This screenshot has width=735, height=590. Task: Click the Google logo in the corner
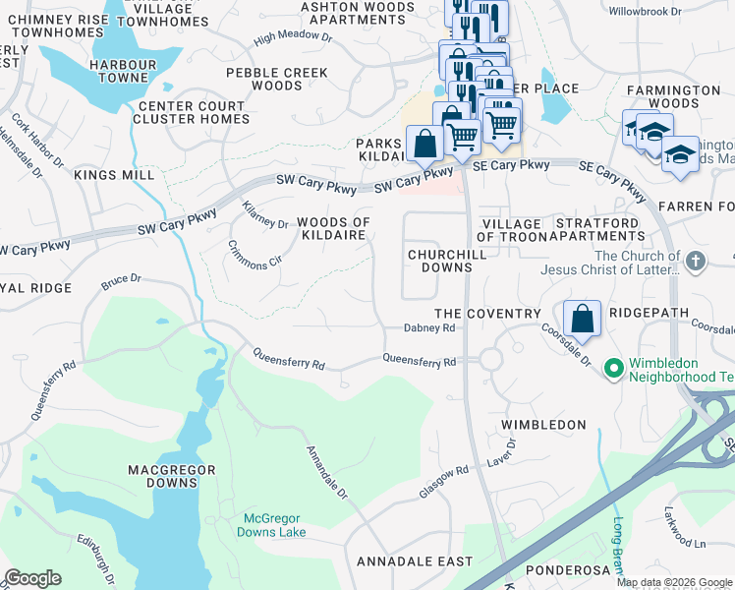click(32, 578)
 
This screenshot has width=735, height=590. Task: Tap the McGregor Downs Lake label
click(275, 524)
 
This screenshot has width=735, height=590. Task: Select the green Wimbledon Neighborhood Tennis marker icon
click(614, 369)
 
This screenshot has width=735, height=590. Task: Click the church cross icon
click(696, 263)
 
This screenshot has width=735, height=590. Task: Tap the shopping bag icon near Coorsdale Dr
click(582, 318)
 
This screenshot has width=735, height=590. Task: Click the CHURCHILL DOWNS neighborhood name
click(441, 261)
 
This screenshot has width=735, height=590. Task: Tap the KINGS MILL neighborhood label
click(114, 175)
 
